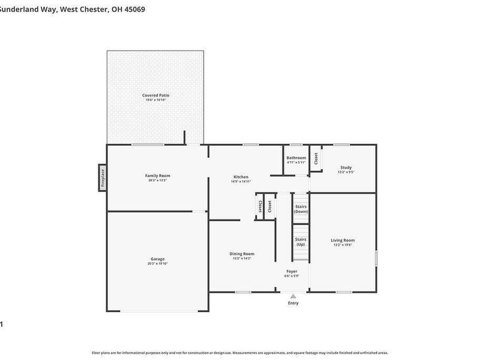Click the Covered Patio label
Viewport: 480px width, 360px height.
pos(155,95)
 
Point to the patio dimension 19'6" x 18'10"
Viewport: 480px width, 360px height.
pos(155,100)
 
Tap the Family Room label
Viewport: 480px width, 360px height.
pos(158,176)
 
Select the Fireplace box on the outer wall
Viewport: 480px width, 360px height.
pos(103,178)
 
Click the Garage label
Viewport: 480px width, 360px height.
pos(158,259)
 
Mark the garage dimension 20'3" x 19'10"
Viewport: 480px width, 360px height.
pos(158,263)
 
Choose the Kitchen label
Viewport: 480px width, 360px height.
pos(241,176)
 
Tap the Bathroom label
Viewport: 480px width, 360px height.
pos(296,158)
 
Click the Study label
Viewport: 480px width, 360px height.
pos(346,167)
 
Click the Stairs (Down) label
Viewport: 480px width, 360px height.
pos(301,209)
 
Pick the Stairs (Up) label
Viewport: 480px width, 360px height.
pos(301,242)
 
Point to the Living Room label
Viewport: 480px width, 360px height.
pos(343,240)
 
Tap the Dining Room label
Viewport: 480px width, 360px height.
pos(242,253)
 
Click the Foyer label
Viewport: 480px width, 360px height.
pos(292,271)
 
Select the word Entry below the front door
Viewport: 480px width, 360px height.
pos(293,303)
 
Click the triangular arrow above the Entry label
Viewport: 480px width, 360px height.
pos(293,296)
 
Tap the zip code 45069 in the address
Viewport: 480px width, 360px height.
pos(134,9)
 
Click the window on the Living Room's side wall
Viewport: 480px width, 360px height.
pos(377,258)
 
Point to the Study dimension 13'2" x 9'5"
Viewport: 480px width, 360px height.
pos(346,172)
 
